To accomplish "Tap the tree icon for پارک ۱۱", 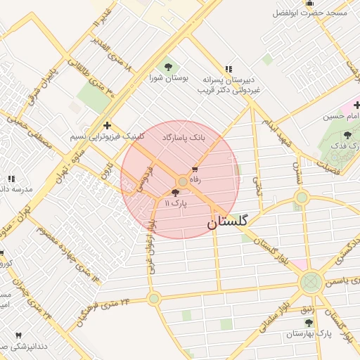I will pos(176,193).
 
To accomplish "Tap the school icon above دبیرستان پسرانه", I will pos(229,69).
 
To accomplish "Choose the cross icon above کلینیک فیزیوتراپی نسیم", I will pos(106,124).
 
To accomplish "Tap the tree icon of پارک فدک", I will pos(349,135).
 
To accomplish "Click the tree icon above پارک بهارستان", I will pos(309,322).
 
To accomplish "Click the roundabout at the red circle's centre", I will pos(182,181).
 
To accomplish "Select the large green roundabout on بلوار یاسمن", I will pos(310,283).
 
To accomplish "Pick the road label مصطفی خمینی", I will pos(29,129).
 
